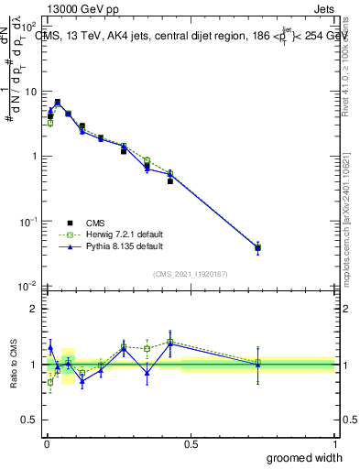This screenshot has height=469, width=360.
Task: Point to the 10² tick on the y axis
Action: (31, 27)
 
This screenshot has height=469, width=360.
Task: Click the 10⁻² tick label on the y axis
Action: (31, 286)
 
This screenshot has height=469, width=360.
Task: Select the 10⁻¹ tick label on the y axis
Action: (31, 222)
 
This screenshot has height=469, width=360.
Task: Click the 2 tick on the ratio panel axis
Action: (35, 309)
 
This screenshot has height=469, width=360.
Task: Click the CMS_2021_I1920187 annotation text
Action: (190, 273)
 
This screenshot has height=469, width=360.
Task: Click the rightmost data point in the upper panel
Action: (258, 247)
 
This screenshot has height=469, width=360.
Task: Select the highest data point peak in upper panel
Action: (58, 103)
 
